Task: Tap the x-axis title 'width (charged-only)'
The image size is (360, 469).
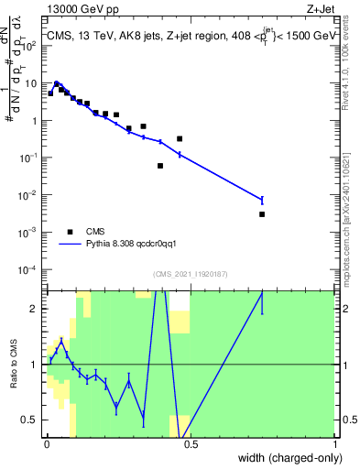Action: click(286, 457)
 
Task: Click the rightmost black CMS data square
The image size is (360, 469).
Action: click(262, 214)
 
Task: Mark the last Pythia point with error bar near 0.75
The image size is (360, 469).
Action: click(262, 200)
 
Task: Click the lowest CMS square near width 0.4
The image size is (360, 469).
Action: click(160, 166)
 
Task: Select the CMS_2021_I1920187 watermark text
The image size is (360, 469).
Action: click(191, 274)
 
